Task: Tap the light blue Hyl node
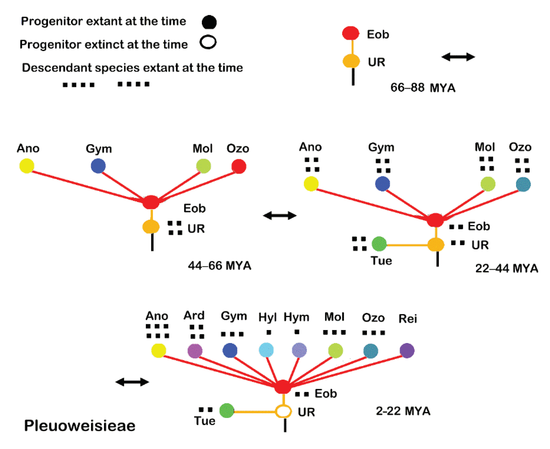pyautogui.click(x=266, y=350)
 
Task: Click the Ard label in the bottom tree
pyautogui.click(x=194, y=316)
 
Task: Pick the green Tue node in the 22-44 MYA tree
pyautogui.click(x=379, y=244)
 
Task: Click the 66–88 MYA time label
pyautogui.click(x=423, y=88)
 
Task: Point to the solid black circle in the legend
pyautogui.click(x=209, y=22)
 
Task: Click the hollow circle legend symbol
pyautogui.click(x=208, y=42)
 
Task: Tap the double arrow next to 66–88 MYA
pyautogui.click(x=458, y=57)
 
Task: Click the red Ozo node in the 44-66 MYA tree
pyautogui.click(x=239, y=166)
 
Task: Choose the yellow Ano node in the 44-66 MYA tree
pyautogui.click(x=27, y=166)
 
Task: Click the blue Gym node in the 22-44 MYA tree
pyautogui.click(x=383, y=184)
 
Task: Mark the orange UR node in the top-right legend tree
pyautogui.click(x=351, y=61)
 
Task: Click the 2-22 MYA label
pyautogui.click(x=403, y=411)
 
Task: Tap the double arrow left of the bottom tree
pyautogui.click(x=132, y=382)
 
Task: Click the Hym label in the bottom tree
pyautogui.click(x=297, y=317)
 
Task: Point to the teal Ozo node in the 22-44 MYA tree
pyautogui.click(x=523, y=184)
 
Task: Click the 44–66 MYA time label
pyautogui.click(x=219, y=266)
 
